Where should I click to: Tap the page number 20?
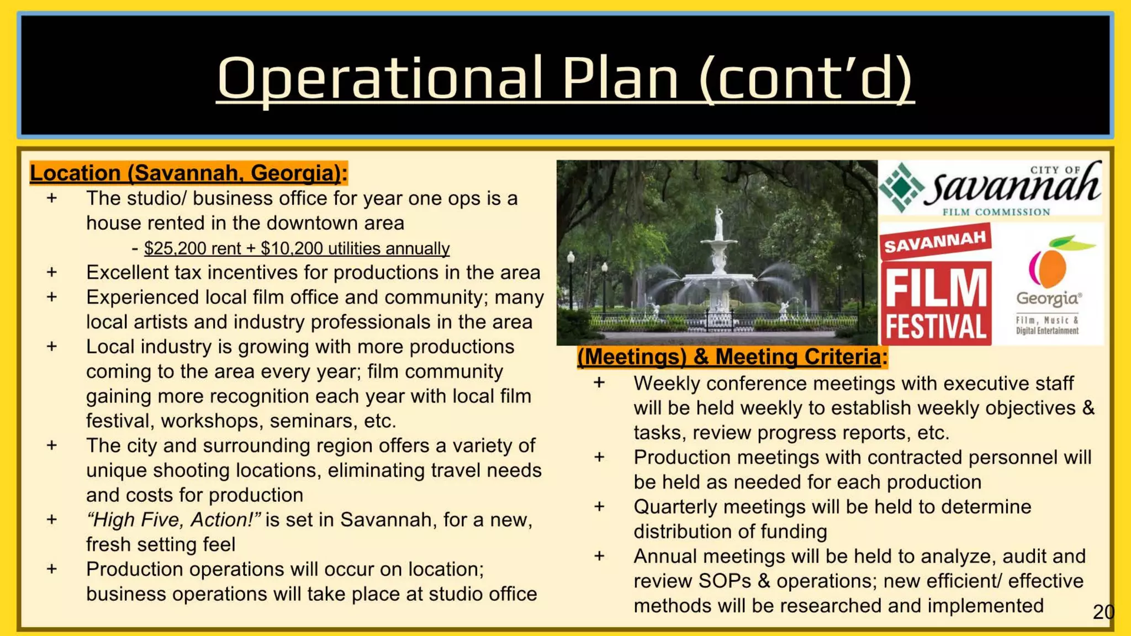coord(1103,612)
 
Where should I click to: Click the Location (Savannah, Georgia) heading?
coord(188,173)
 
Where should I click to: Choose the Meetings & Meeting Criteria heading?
coord(732,357)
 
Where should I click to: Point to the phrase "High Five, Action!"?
coord(173,520)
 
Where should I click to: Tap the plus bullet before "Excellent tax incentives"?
coord(52,272)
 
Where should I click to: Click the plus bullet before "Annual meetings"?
coord(599,556)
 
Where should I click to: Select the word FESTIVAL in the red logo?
coord(936,327)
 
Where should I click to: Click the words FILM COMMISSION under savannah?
coord(996,212)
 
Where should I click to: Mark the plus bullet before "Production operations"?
coord(52,569)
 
